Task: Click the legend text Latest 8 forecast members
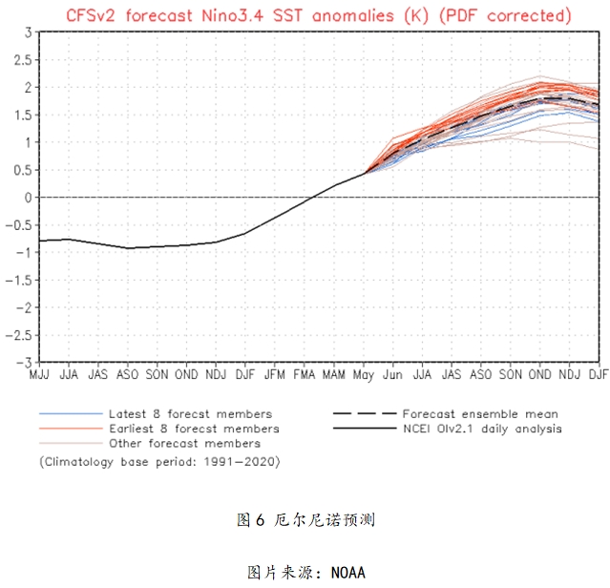pos(190,413)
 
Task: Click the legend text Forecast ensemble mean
pos(480,413)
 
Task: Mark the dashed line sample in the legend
pos(363,413)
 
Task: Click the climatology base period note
pos(159,461)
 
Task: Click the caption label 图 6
pos(251,520)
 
